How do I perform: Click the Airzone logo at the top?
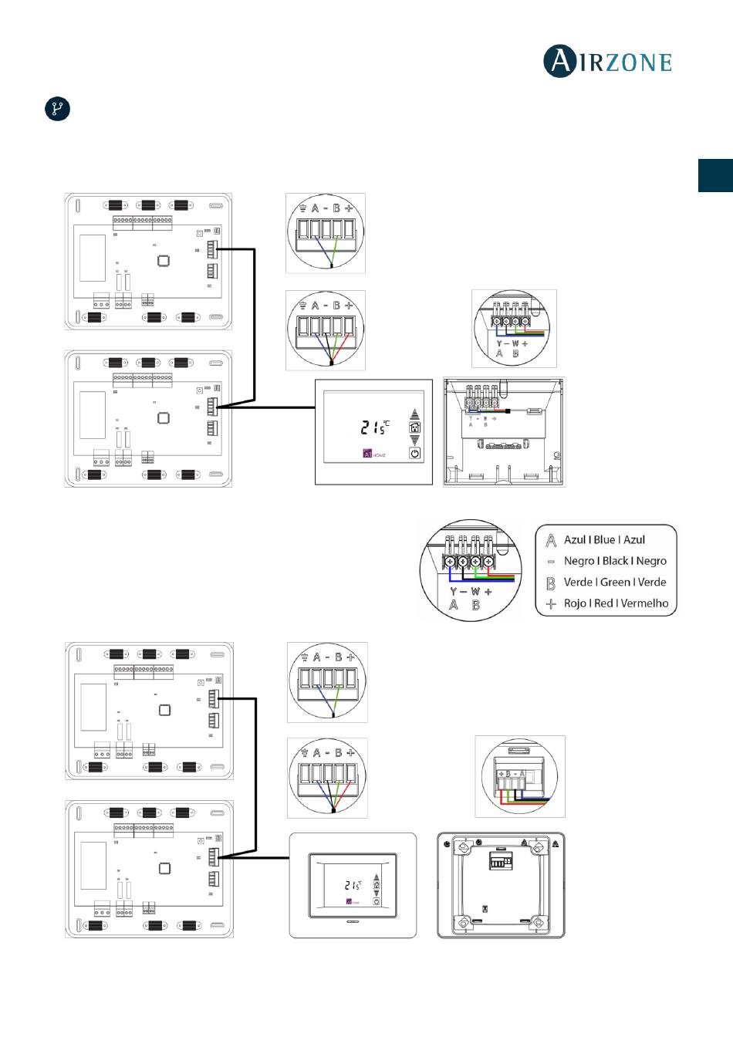point(608,62)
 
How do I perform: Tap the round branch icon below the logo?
point(57,109)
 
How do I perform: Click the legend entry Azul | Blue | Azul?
point(604,540)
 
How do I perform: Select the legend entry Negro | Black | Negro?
point(615,561)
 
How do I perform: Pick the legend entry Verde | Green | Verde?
point(615,583)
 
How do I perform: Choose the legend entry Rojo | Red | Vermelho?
point(616,603)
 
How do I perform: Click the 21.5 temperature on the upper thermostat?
point(375,427)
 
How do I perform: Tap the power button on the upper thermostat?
point(415,454)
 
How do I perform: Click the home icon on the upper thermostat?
point(415,427)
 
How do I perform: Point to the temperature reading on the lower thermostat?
point(353,886)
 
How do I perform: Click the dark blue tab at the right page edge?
point(715,175)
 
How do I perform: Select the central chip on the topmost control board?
point(164,261)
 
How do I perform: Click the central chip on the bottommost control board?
point(164,868)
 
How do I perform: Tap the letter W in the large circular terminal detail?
point(475,592)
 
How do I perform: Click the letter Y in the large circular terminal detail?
point(454,592)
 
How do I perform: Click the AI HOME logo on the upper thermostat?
point(374,454)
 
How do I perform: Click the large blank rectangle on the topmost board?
point(93,258)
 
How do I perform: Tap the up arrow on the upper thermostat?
point(415,413)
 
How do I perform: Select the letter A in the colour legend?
point(551,540)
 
